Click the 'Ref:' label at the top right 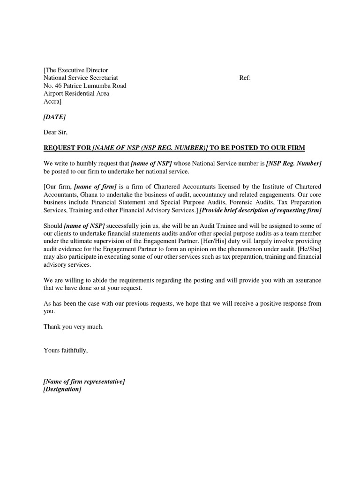[245, 78]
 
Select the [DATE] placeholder [54, 117]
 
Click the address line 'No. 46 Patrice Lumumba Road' [85, 86]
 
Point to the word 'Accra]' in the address [52, 101]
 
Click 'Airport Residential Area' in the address [76, 93]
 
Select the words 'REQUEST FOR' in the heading [67, 148]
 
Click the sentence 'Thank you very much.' [73, 327]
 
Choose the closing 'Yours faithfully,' [66, 350]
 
